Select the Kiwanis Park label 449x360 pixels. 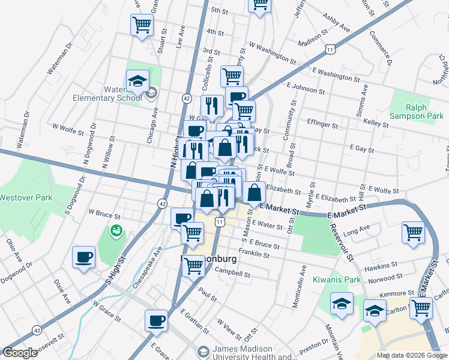(328, 280)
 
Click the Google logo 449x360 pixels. (20, 353)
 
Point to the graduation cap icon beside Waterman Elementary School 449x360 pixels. (137, 81)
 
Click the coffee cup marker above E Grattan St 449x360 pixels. (156, 320)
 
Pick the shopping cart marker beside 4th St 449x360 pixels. (142, 25)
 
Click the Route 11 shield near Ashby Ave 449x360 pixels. (330, 47)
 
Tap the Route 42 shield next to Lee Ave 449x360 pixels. (187, 98)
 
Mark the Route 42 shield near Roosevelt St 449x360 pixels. (38, 329)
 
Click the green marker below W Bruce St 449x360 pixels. (115, 230)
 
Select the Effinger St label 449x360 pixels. (322, 125)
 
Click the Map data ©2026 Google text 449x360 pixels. (411, 355)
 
